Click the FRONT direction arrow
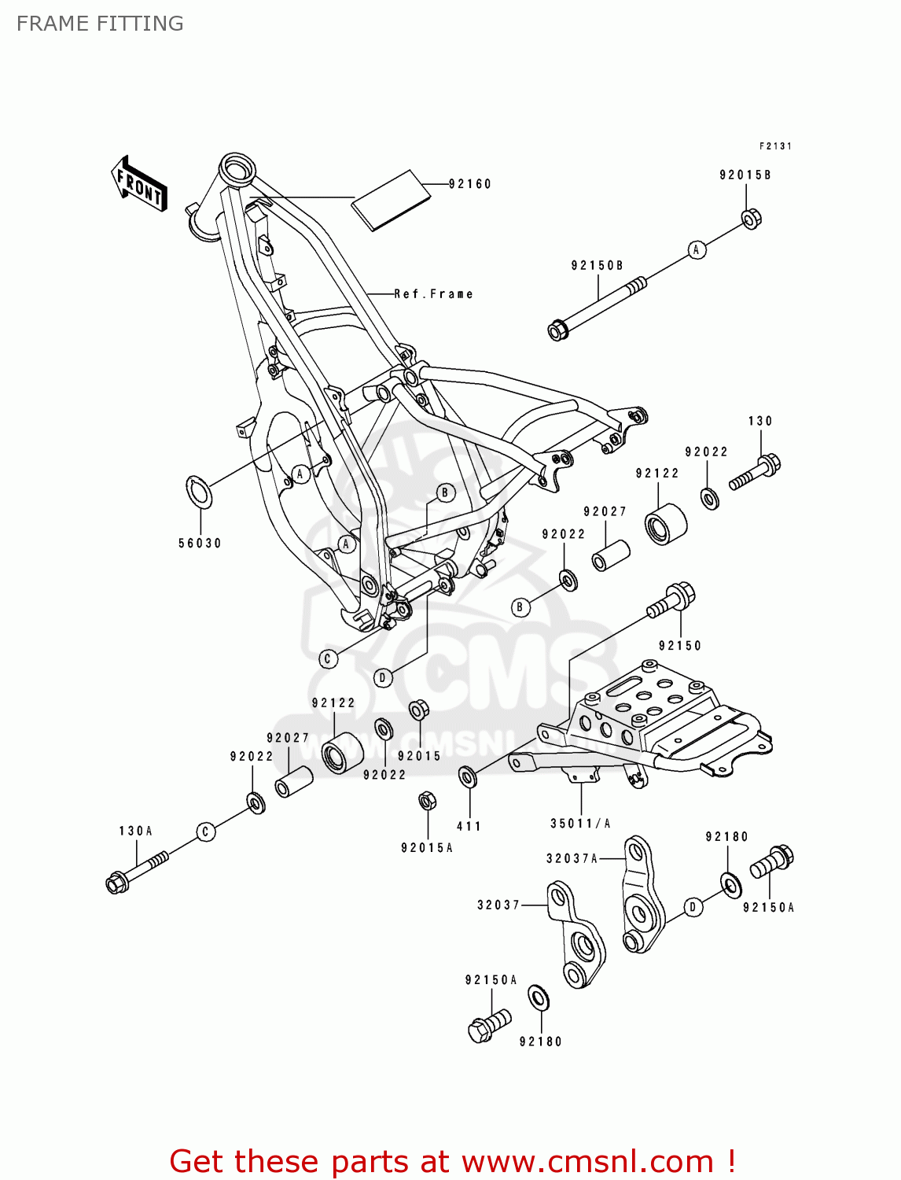point(139,185)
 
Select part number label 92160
point(469,184)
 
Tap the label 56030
point(200,543)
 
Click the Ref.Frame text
point(433,294)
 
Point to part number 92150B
point(597,266)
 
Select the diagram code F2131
point(775,146)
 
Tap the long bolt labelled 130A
point(136,872)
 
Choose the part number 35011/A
point(580,824)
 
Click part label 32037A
point(572,858)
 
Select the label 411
point(469,826)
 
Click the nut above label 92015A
point(427,802)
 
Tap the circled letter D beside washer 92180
point(693,907)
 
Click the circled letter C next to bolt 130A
point(206,832)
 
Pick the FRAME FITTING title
point(100,24)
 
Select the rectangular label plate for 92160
point(392,199)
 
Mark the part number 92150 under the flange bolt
point(679,646)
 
